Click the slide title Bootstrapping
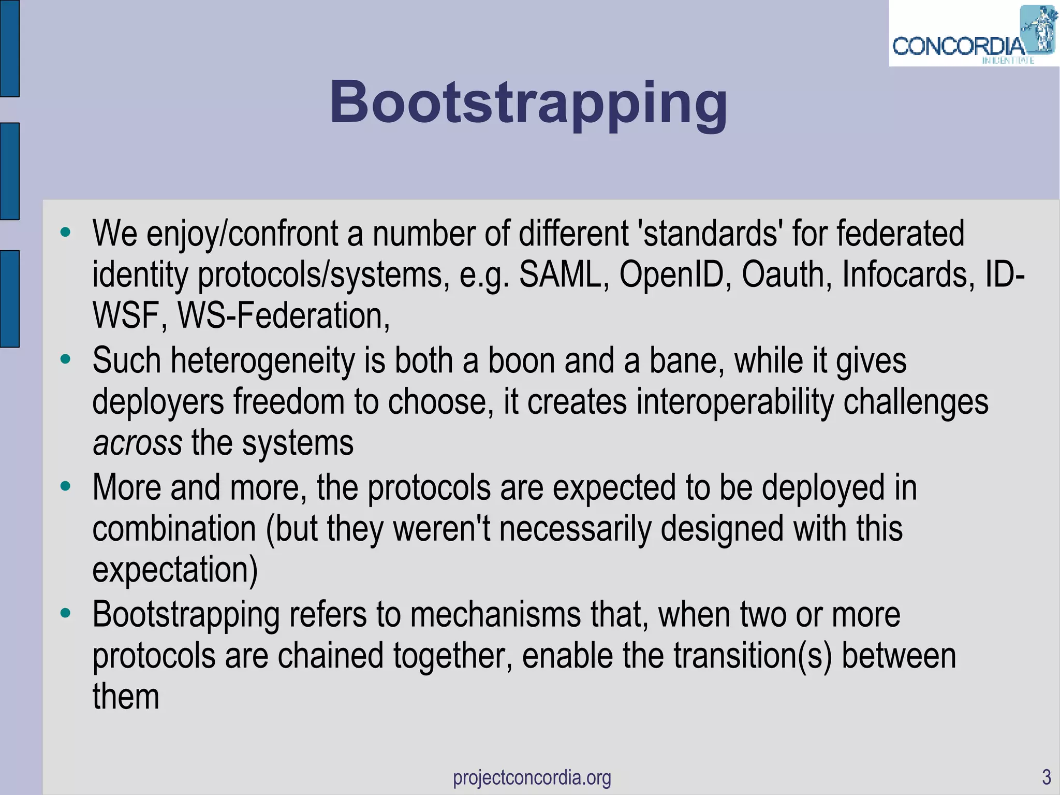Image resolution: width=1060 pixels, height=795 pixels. coord(528,103)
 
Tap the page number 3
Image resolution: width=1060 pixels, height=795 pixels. coord(1046,777)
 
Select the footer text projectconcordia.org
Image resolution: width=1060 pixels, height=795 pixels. coord(532,777)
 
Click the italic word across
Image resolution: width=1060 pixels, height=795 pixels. coord(137,443)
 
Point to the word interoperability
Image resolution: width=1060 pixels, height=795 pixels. coord(735,402)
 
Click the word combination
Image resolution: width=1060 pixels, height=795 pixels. coord(174,529)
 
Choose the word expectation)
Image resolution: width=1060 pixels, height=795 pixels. coord(175,570)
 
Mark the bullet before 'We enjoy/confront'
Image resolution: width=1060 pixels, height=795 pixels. coord(65,232)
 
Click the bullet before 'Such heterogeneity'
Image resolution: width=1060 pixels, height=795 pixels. coord(65,359)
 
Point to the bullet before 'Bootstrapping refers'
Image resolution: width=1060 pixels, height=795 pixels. coord(65,613)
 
